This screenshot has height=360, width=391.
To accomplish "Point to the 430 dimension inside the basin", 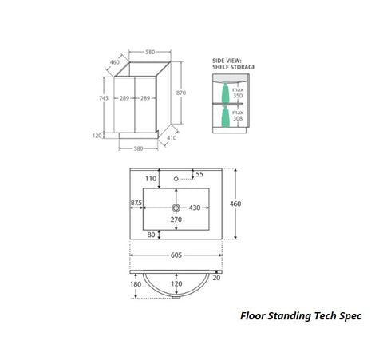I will tap(194, 207).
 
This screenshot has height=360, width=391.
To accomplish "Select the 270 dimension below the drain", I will tap(176, 220).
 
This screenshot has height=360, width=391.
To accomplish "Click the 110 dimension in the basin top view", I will tap(151, 179).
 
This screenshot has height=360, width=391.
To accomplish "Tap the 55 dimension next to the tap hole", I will tap(199, 173).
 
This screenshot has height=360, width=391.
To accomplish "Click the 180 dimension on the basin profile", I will tap(136, 283).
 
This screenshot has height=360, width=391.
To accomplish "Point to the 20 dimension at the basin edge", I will tap(215, 277).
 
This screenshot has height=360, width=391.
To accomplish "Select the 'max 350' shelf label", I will tap(238, 93).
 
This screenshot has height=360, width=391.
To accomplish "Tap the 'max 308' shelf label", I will tap(238, 117).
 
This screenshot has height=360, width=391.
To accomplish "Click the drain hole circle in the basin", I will tap(176, 207).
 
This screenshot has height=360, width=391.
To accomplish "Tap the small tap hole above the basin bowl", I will tap(176, 180).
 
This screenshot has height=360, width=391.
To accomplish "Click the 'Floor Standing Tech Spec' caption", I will tap(301, 315).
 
